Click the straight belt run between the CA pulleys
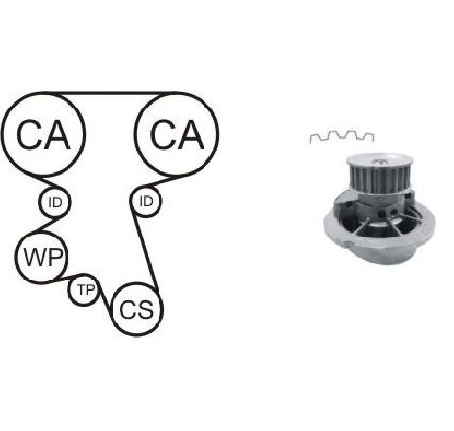coord(110,94)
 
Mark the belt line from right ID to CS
coord(145,251)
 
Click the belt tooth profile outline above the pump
coord(341,137)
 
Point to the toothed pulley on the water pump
coord(379,176)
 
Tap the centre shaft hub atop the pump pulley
coord(381,161)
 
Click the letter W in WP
coord(34,257)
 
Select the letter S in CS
coord(145,309)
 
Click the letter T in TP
coord(81,290)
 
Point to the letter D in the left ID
coord(57,202)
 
